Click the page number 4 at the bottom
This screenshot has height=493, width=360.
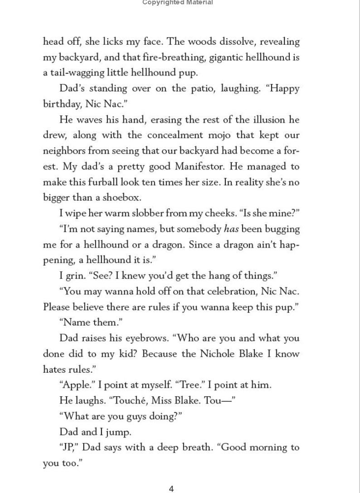click(x=171, y=488)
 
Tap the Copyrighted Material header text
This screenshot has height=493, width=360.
click(x=177, y=3)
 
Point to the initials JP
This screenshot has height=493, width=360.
click(x=68, y=447)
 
